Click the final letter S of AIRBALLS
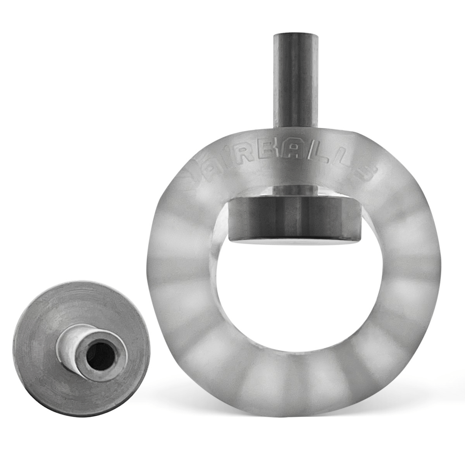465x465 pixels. click(364, 172)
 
